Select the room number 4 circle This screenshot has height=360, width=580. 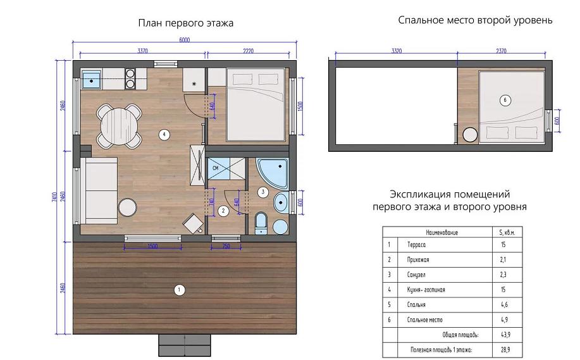164,134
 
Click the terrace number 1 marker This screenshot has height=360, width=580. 179,290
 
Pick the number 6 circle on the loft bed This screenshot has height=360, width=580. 504,99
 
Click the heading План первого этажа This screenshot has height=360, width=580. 186,23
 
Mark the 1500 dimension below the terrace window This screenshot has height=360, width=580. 152,247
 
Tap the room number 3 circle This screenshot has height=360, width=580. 262,191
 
